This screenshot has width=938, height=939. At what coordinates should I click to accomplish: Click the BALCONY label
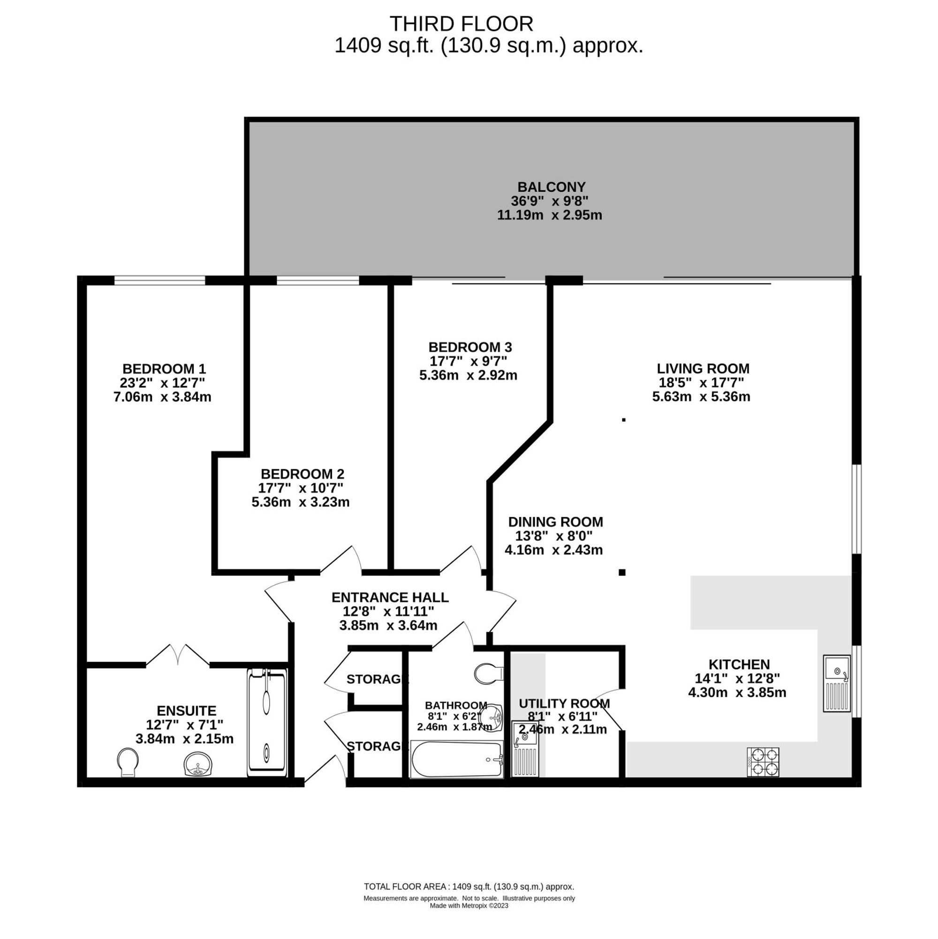[x=551, y=187]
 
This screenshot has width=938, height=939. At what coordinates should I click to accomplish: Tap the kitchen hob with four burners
[x=763, y=762]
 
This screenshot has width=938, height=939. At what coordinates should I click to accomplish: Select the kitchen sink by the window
[x=836, y=683]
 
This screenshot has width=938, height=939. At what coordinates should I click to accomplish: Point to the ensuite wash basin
[x=198, y=764]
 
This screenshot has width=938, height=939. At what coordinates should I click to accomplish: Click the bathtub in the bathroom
[x=456, y=759]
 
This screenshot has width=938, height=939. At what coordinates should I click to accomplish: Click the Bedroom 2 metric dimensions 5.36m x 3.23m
[x=301, y=502]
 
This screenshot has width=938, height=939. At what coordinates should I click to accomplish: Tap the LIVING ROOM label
[x=703, y=368]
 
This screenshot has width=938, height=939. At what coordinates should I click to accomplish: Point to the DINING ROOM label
[x=555, y=522]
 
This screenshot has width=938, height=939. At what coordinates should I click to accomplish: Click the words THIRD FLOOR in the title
[x=461, y=24]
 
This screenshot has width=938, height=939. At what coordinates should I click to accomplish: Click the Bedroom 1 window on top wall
[x=159, y=280]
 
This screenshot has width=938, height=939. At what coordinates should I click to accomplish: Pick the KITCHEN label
[x=739, y=664]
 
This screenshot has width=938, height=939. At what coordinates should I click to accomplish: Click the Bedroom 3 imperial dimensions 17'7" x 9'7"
[x=468, y=361]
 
